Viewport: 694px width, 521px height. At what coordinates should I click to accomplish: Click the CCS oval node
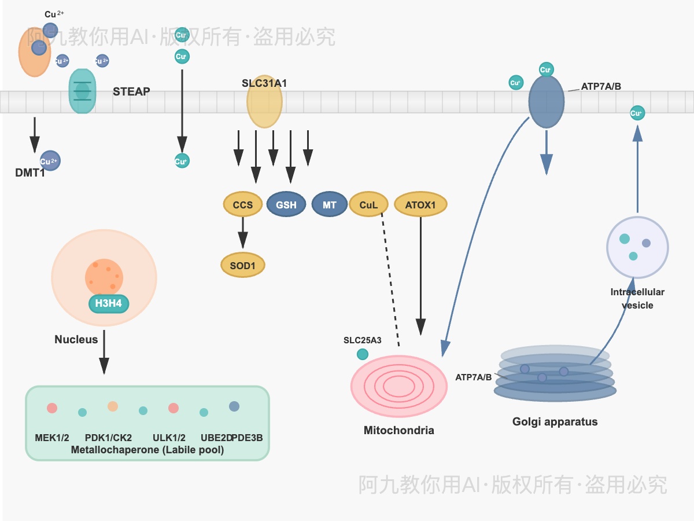243,205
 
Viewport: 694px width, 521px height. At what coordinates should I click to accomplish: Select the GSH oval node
286,205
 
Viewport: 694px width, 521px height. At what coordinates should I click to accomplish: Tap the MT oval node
329,205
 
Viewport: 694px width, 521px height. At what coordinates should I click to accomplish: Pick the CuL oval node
368,205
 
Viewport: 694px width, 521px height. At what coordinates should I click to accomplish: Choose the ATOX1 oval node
420,205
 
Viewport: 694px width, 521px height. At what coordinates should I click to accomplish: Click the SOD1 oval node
243,265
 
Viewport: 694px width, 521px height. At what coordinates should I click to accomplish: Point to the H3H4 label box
108,302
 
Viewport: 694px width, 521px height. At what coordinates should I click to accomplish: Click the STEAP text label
131,91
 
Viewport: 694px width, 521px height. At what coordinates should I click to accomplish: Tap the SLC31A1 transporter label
264,83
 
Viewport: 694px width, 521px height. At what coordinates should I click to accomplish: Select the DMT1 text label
30,173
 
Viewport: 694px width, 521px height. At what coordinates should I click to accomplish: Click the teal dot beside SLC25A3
363,354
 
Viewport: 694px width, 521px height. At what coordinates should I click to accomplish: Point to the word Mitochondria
398,431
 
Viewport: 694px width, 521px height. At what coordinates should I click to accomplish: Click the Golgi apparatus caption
555,422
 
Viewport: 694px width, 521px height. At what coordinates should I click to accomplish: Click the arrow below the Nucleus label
104,352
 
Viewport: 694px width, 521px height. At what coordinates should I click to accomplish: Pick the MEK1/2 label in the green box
52,438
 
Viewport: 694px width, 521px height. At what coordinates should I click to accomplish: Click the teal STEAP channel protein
82,91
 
